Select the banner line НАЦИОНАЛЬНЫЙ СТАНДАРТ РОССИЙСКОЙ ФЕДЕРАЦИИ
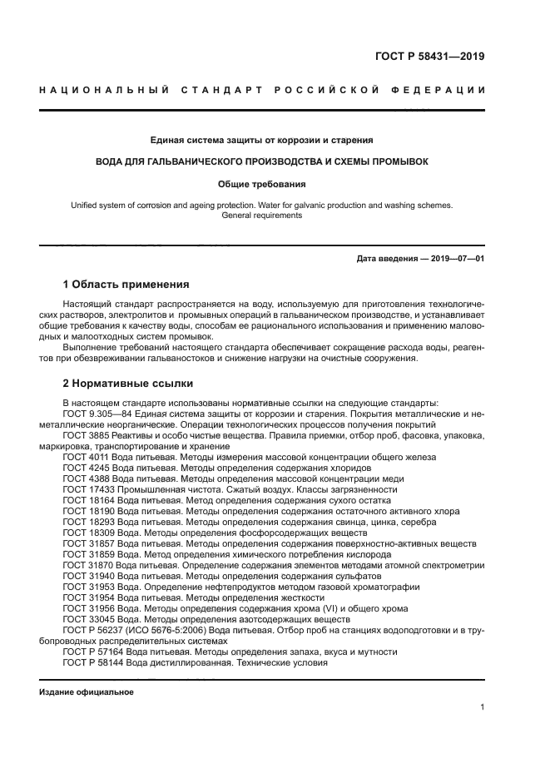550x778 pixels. click(x=262, y=89)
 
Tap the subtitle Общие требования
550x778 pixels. click(x=262, y=184)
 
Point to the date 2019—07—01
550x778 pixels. click(x=456, y=259)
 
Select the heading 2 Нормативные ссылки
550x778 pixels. click(x=128, y=384)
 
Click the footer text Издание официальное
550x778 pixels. click(x=86, y=692)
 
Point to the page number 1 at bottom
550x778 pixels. click(x=483, y=707)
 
